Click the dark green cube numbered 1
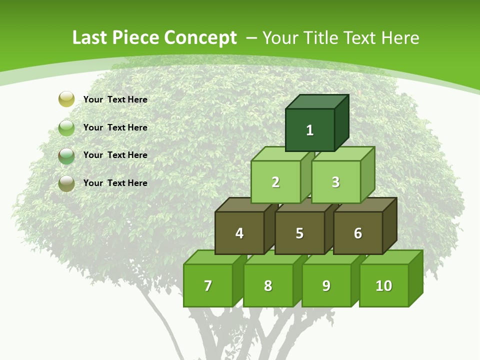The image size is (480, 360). point(310,130)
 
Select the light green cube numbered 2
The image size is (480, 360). point(275,182)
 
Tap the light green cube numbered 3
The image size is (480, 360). point(335,182)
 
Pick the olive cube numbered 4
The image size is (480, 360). point(239,233)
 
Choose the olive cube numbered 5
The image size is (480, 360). point(299,233)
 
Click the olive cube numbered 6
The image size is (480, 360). point(358,233)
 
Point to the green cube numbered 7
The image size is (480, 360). point(208,285)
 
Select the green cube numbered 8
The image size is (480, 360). point(268,285)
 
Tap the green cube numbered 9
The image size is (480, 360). point(326,285)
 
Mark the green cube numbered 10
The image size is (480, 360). point(383,285)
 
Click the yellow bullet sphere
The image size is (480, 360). point(66,99)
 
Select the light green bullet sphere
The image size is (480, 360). point(66,128)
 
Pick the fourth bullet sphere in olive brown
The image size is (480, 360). point(66,183)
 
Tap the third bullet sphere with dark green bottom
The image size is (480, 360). point(66,155)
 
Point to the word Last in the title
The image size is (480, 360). point(90,38)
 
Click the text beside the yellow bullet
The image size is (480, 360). point(115,99)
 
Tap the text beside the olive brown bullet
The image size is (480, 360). point(115,183)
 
